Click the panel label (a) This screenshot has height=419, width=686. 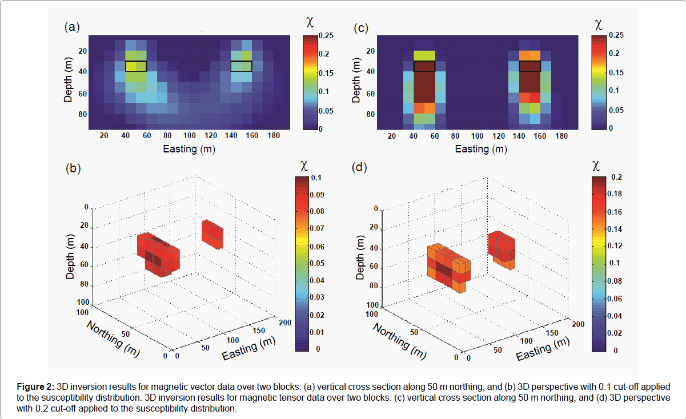[x=71, y=27]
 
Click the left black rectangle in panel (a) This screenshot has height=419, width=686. [x=136, y=66]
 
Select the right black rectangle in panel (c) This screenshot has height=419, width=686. [x=531, y=66]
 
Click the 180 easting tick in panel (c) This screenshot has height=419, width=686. [x=561, y=136]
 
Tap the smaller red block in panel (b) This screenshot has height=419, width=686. [x=212, y=233]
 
